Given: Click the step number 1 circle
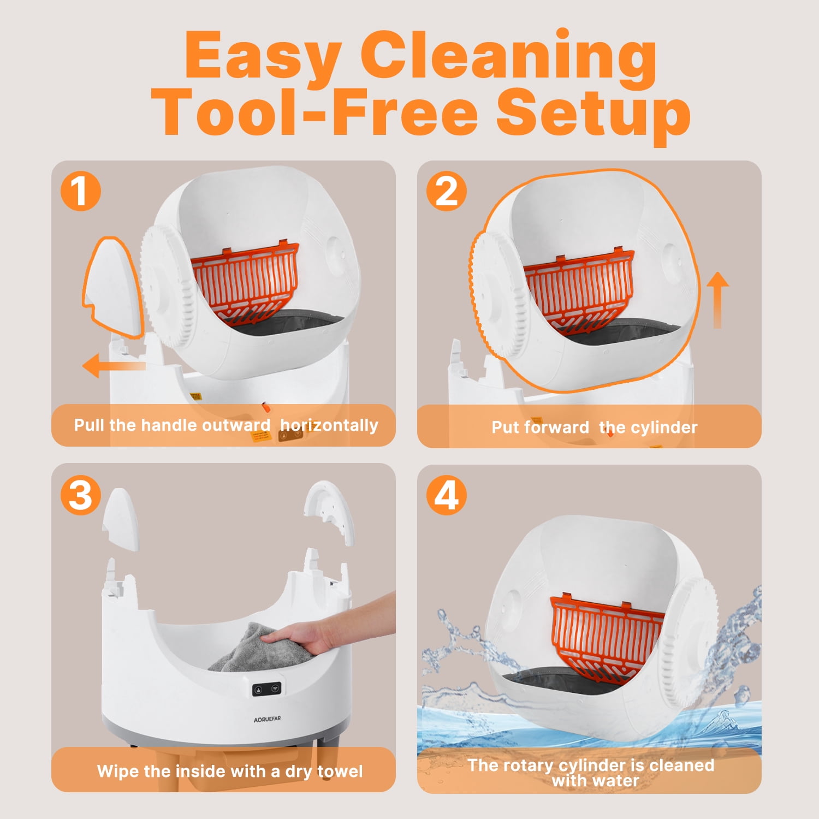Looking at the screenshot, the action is [x=81, y=191].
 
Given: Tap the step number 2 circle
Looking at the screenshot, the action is [x=446, y=191].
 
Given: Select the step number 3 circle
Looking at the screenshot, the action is [x=81, y=496].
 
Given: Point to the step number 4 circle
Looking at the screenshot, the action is [x=446, y=496].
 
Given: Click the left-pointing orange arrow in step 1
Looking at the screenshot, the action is [x=114, y=365].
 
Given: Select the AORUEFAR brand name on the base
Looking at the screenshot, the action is [x=267, y=719].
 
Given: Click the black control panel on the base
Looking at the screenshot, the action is [x=267, y=690].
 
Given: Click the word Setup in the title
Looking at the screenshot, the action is [x=593, y=116].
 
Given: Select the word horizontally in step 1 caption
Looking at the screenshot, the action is [x=329, y=425].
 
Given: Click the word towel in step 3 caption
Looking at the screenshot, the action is [x=340, y=771].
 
